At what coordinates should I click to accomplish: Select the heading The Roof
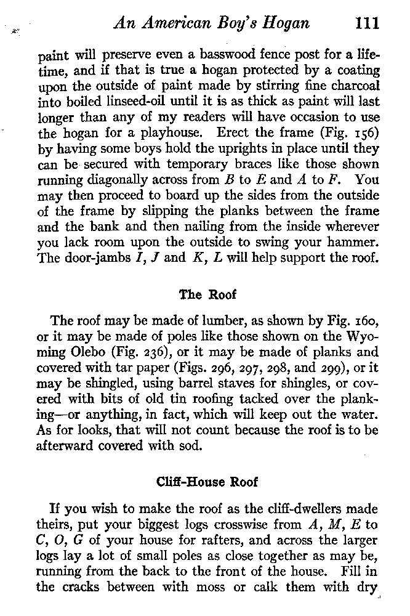207,294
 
